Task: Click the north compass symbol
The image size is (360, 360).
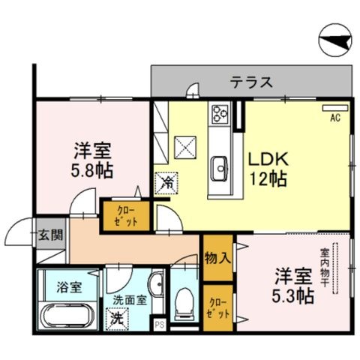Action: point(336,40)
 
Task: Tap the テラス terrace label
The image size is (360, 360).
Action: point(251,82)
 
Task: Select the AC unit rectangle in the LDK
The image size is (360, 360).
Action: point(335,108)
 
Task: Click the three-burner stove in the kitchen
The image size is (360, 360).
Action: point(220,114)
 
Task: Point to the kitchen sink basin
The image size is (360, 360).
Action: point(220,168)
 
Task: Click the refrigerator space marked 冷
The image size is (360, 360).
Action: point(166,183)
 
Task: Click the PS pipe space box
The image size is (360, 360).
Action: point(159,325)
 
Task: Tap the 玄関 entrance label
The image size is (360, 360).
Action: point(50,235)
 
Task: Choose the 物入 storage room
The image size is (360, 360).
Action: point(217,258)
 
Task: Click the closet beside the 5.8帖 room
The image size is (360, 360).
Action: point(127,216)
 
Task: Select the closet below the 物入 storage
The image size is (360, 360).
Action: point(217,308)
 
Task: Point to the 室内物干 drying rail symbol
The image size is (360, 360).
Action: point(335,268)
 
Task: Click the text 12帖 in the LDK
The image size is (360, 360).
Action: point(268,179)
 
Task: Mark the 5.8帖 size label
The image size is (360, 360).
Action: point(91,171)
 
